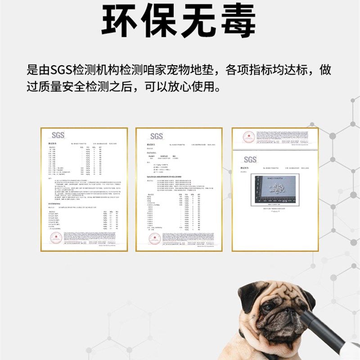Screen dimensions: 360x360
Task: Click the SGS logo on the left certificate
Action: [x=58, y=135]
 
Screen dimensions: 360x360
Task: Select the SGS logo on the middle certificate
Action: [x=156, y=136]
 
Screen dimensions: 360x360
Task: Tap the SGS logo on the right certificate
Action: [x=250, y=159]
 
